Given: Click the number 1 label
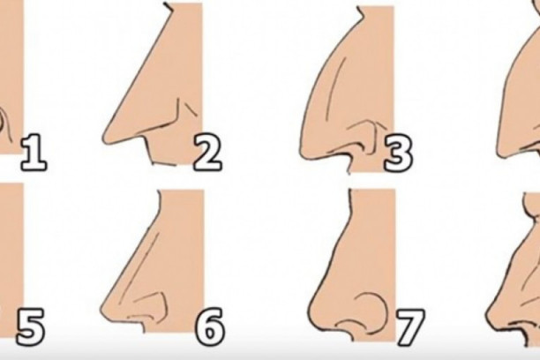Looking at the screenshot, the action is tap(34, 154).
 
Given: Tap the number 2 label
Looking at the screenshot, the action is tap(207, 154).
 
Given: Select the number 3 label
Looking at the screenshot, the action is tap(398, 154).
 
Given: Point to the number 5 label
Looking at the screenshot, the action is tap(30, 326).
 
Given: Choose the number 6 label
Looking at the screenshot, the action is tap(210, 326).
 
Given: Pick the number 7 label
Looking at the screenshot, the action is tap(410, 327).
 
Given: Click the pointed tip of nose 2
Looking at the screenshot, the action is tap(104, 139).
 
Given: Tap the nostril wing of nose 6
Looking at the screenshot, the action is tap(161, 299).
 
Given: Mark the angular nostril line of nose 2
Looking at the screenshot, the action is tap(174, 121).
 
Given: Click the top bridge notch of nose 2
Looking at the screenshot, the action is tap(169, 8).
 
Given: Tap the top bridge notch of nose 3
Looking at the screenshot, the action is tap(360, 11).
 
